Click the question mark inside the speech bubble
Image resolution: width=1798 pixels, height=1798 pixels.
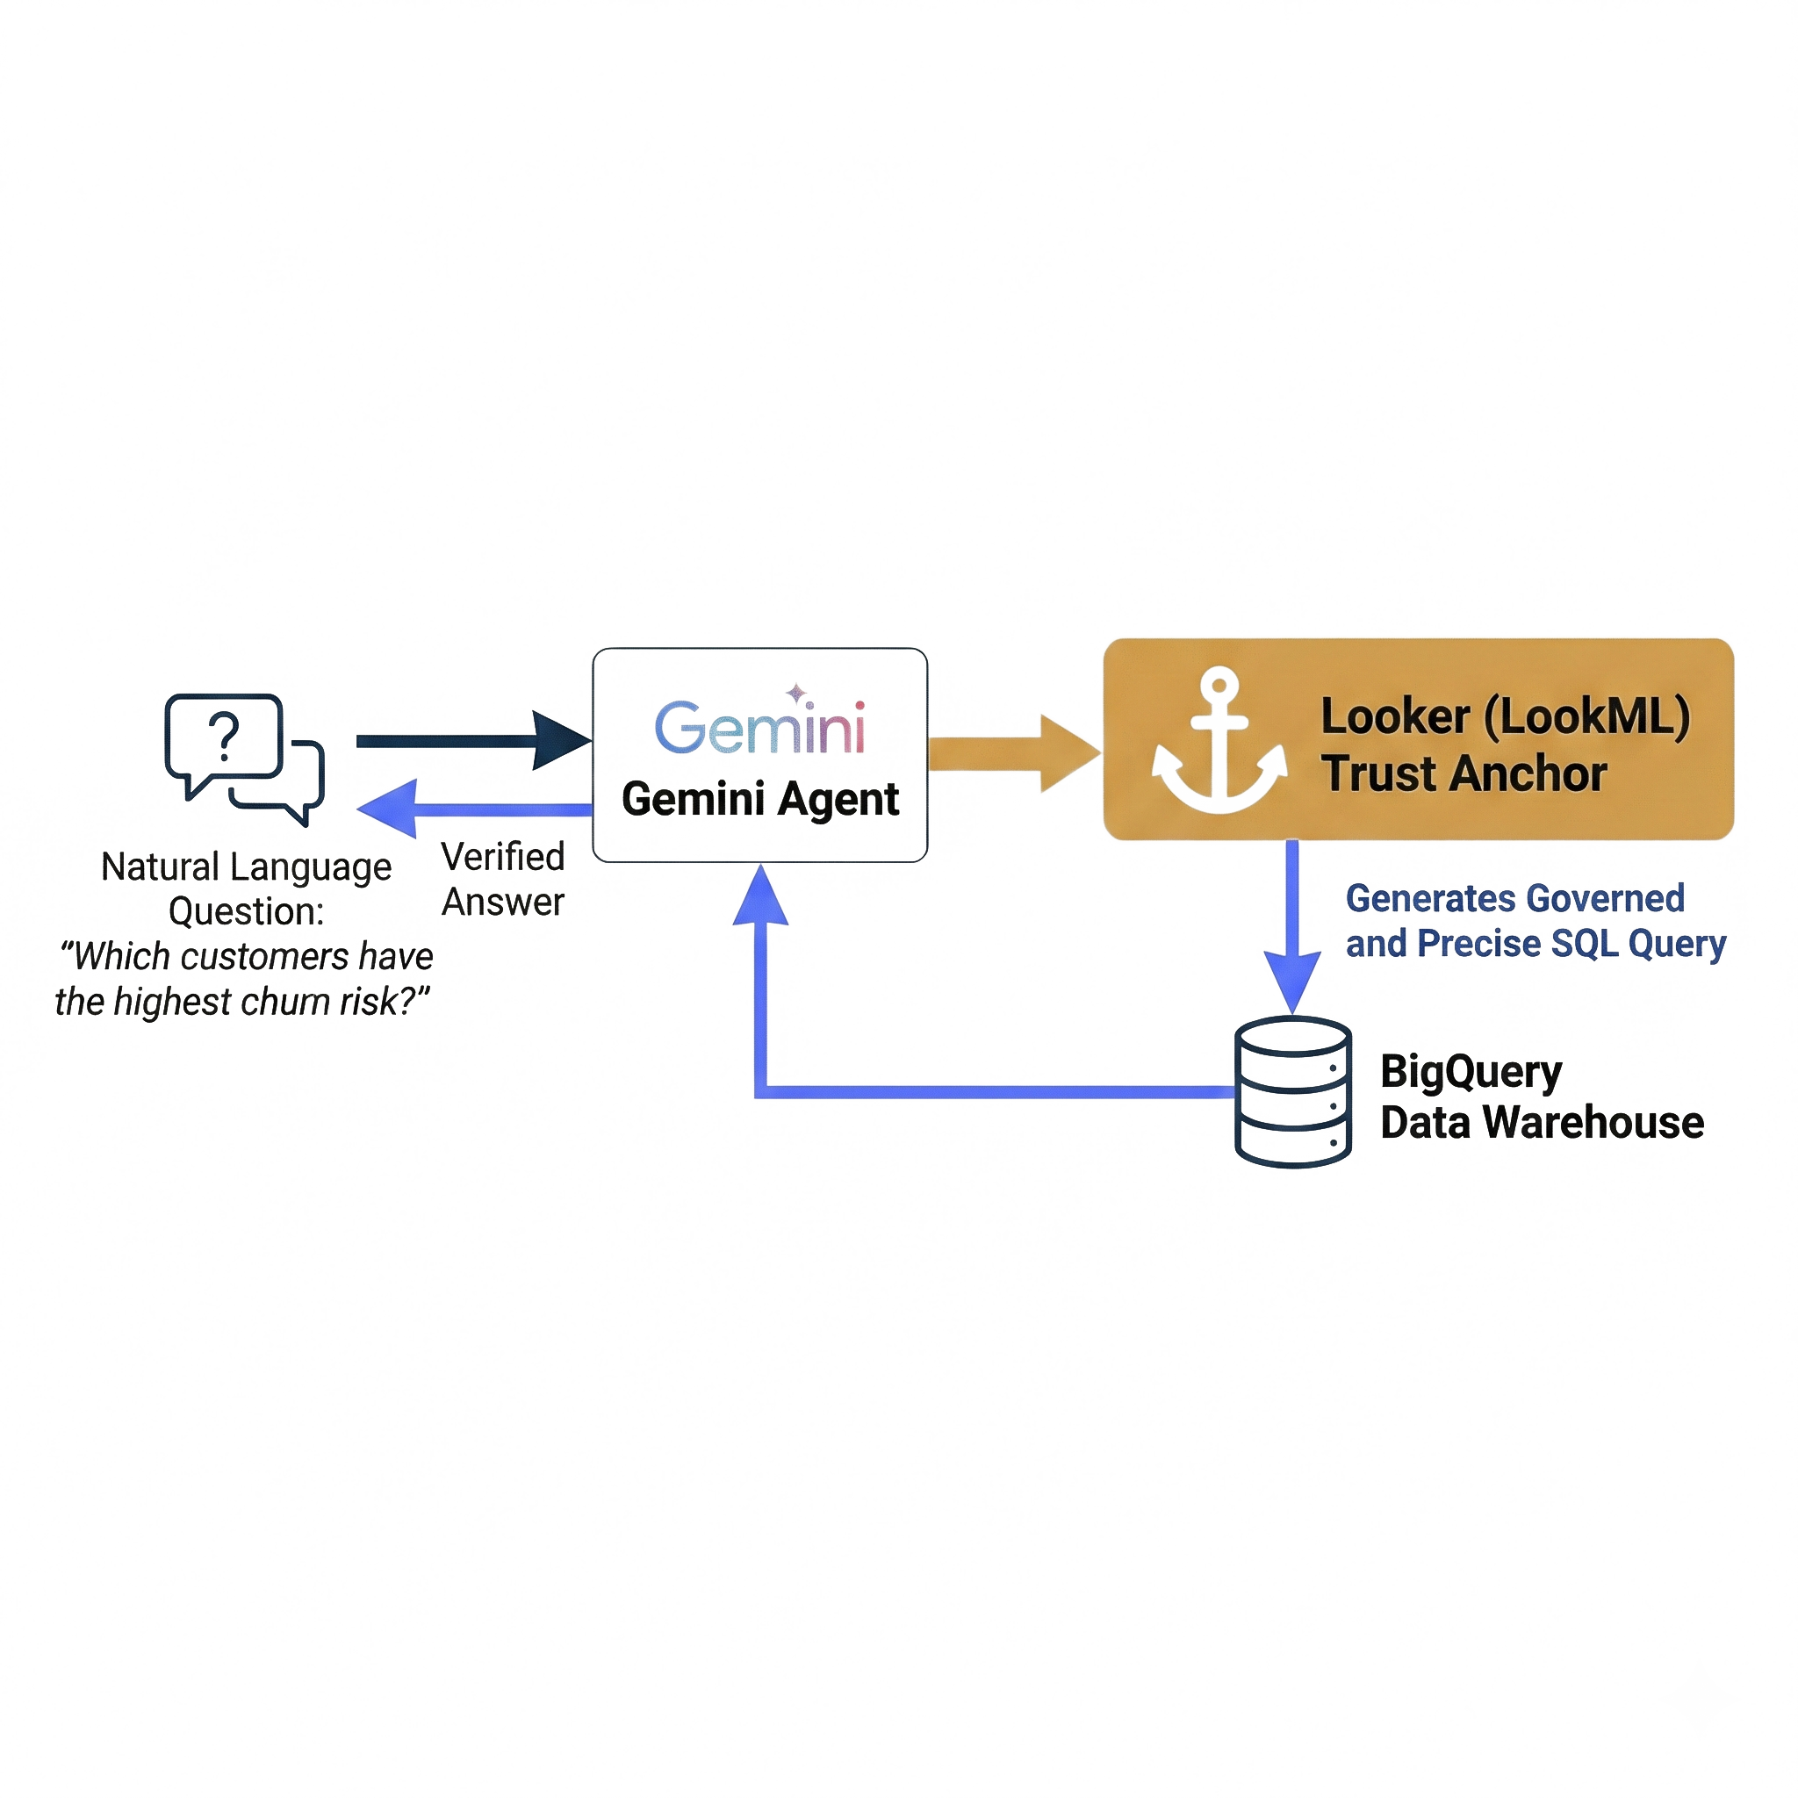tap(223, 737)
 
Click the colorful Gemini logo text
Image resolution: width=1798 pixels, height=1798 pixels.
tap(759, 729)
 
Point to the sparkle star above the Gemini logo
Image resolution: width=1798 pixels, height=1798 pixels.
tap(796, 693)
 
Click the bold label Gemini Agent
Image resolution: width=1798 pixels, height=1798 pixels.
tap(759, 800)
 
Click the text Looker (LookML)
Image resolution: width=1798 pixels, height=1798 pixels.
tap(1505, 716)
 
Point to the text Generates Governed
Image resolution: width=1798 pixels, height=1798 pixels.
tap(1514, 899)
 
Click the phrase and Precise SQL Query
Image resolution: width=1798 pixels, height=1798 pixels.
tap(1535, 944)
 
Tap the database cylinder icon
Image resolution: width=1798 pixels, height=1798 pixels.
tap(1292, 1091)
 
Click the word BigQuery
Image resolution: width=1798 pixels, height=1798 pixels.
tap(1471, 1072)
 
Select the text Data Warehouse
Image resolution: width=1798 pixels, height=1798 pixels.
tap(1541, 1122)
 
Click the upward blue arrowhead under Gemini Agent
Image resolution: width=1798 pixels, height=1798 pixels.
tap(761, 898)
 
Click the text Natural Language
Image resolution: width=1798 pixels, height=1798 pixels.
tap(246, 867)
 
